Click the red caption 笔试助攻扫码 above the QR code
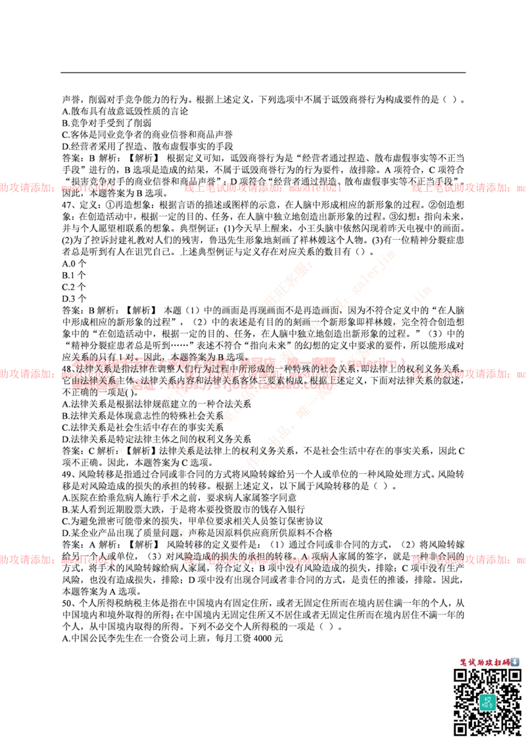coord(485,662)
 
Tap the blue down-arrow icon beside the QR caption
coord(515,662)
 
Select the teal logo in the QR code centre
coord(487,702)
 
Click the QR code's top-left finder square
coord(461,676)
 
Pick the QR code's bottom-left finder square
coord(461,728)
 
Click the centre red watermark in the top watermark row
coord(263,188)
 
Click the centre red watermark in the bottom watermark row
coord(263,560)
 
